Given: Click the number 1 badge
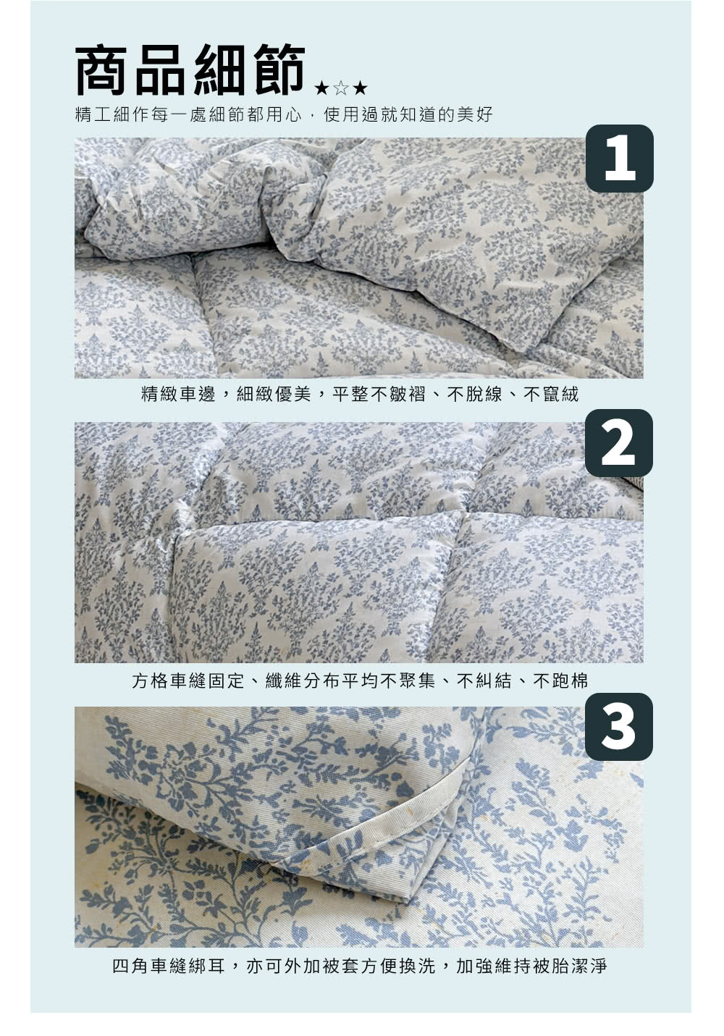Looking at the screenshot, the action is [x=619, y=158].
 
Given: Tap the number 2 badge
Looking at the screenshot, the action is [x=619, y=443].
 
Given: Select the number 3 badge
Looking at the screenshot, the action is [x=619, y=727].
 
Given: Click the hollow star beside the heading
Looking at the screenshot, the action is [x=340, y=88].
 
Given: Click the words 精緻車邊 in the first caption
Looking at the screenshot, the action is [x=178, y=395].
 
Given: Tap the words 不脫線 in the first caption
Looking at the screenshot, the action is [x=475, y=395].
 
